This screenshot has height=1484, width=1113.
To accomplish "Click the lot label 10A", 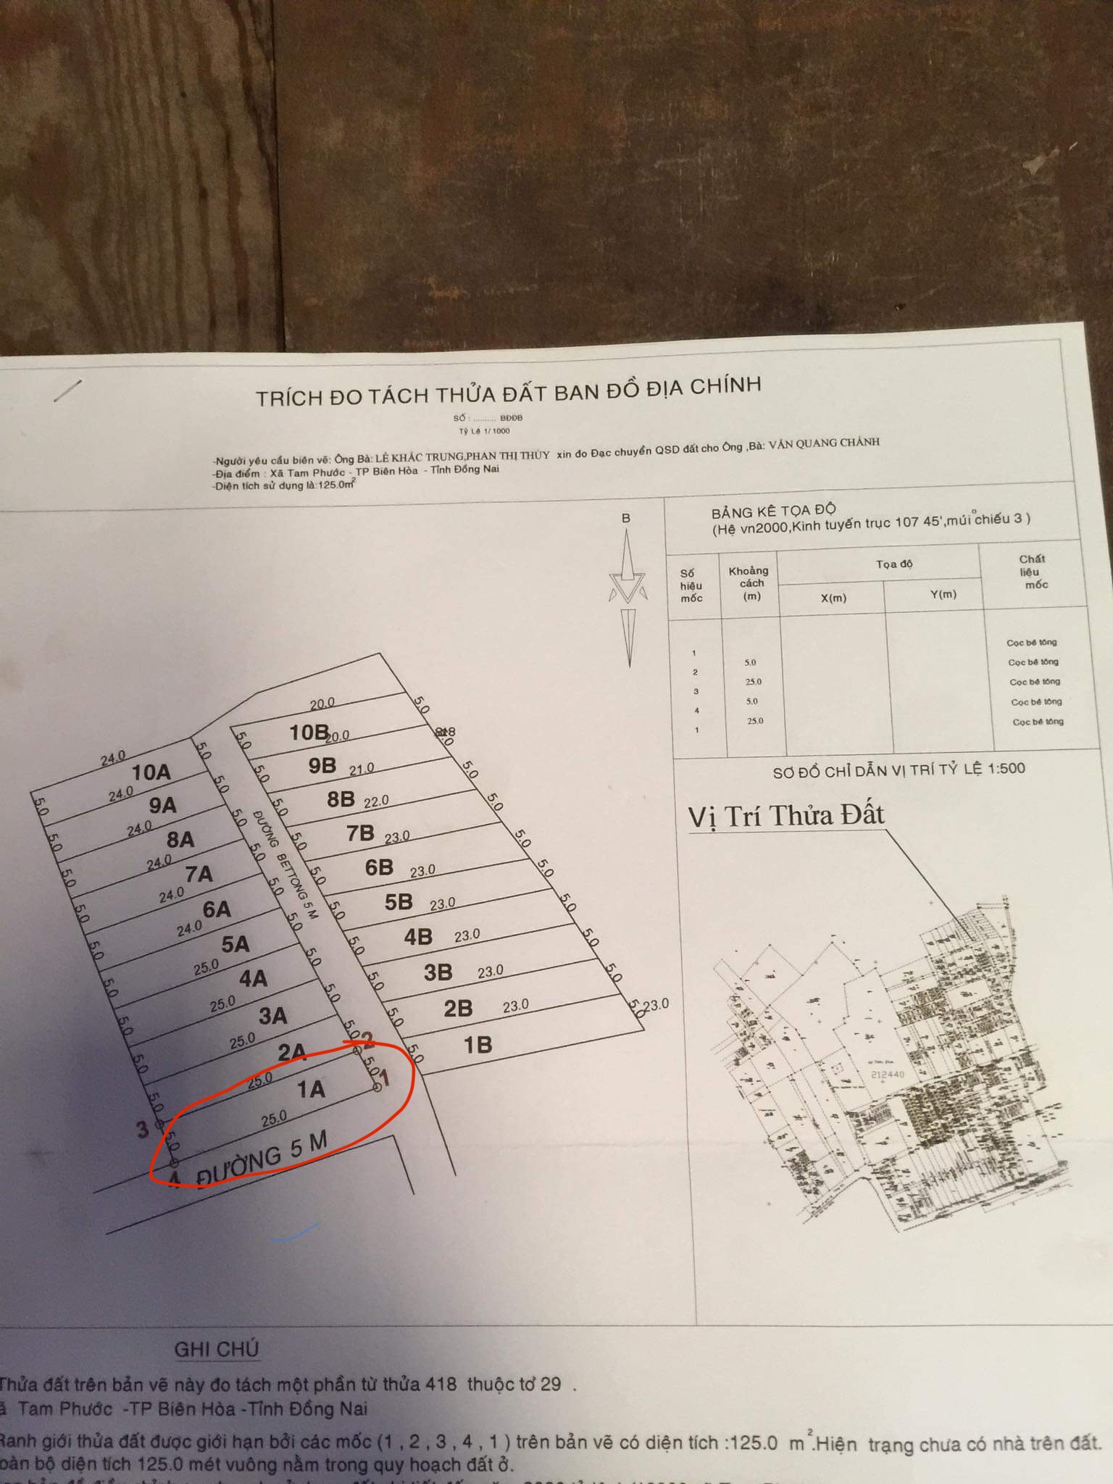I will (x=151, y=772).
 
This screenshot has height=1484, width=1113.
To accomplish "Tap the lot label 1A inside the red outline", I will (x=311, y=1089).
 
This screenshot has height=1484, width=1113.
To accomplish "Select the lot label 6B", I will (x=379, y=867).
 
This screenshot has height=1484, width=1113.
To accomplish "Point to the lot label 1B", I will (x=478, y=1045).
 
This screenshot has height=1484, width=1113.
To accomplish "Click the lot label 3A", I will (x=272, y=1016).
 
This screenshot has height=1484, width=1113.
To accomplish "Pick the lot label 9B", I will (x=322, y=766).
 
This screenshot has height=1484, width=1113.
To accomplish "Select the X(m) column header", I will (x=833, y=598).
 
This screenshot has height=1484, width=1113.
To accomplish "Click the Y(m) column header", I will (x=943, y=595).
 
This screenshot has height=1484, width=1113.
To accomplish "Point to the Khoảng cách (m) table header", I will (x=750, y=583).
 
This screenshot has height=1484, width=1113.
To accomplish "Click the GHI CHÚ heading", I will (x=216, y=1349).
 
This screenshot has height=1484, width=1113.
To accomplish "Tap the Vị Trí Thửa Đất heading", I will (x=786, y=816).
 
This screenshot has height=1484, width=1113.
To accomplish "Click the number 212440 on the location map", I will (x=887, y=1075).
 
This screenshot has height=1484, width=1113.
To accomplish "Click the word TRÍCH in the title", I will (x=288, y=398).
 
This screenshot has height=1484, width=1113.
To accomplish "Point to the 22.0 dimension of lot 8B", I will (x=376, y=801).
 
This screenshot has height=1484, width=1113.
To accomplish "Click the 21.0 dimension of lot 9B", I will (x=361, y=768).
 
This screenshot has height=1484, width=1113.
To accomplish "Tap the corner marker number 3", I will (x=142, y=1129).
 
